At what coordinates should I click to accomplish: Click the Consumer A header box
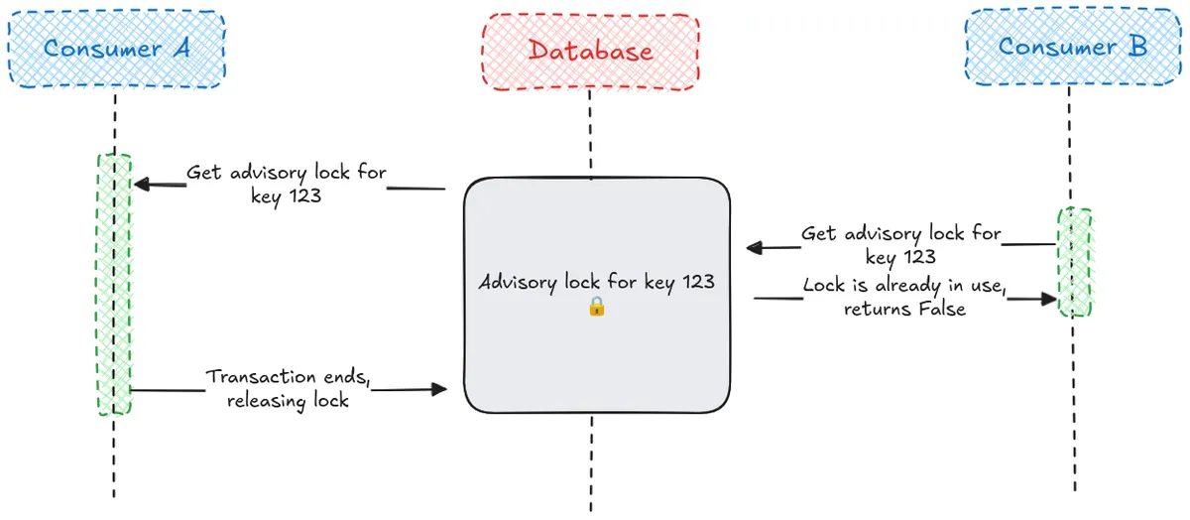pos(117,49)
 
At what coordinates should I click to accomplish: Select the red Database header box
pos(590,51)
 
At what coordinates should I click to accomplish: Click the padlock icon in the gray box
pos(596,307)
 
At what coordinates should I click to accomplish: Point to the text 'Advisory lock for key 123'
pos(596,282)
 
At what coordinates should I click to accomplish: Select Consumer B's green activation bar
pos(1075,262)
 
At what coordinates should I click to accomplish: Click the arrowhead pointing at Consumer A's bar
pos(141,184)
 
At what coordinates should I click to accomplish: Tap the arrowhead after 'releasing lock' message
pos(439,390)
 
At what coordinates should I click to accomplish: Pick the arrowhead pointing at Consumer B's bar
pos(1051,298)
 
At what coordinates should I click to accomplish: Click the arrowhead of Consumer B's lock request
pos(754,248)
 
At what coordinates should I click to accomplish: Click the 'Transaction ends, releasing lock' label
pos(288,389)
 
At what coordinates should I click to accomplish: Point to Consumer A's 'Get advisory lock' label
pos(286,184)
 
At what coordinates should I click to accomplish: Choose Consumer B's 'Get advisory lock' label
pos(900,245)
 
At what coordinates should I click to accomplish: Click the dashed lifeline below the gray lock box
pos(591,461)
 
